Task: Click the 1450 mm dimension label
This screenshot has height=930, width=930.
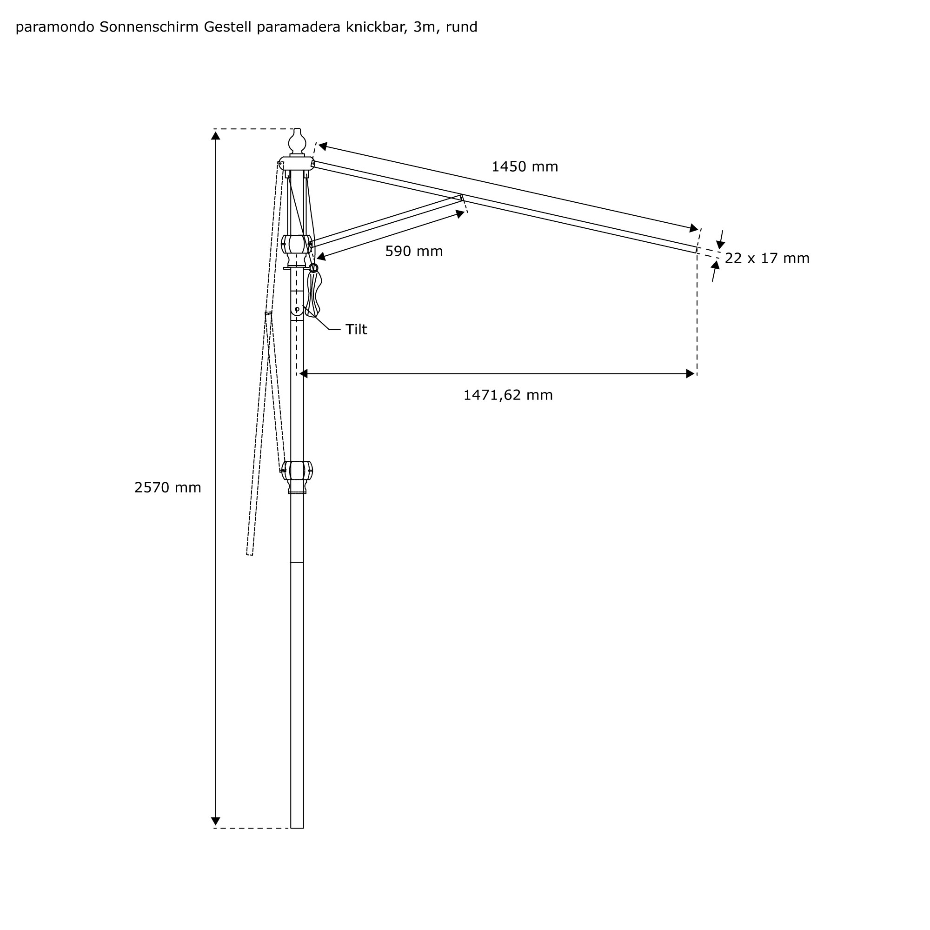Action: [524, 167]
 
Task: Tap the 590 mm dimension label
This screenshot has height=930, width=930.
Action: [413, 251]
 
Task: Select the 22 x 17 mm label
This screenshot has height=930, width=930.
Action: [767, 259]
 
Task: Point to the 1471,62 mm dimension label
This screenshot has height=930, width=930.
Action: [508, 395]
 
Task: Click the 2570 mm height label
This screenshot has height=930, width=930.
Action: [167, 488]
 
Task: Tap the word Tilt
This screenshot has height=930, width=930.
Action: [356, 330]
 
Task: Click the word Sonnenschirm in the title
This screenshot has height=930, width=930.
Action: [149, 27]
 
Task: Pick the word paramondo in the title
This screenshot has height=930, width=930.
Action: [55, 27]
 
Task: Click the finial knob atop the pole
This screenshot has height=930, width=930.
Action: [297, 141]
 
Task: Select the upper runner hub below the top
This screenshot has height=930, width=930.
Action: [297, 245]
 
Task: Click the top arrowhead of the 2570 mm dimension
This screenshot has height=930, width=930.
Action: [216, 136]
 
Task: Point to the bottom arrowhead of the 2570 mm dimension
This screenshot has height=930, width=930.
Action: [216, 821]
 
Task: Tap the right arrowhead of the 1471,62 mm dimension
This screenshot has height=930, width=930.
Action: [690, 374]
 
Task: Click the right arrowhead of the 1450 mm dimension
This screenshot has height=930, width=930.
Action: [693, 228]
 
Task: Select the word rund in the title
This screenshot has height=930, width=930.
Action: [461, 27]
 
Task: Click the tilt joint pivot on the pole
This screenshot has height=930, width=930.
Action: [297, 309]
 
